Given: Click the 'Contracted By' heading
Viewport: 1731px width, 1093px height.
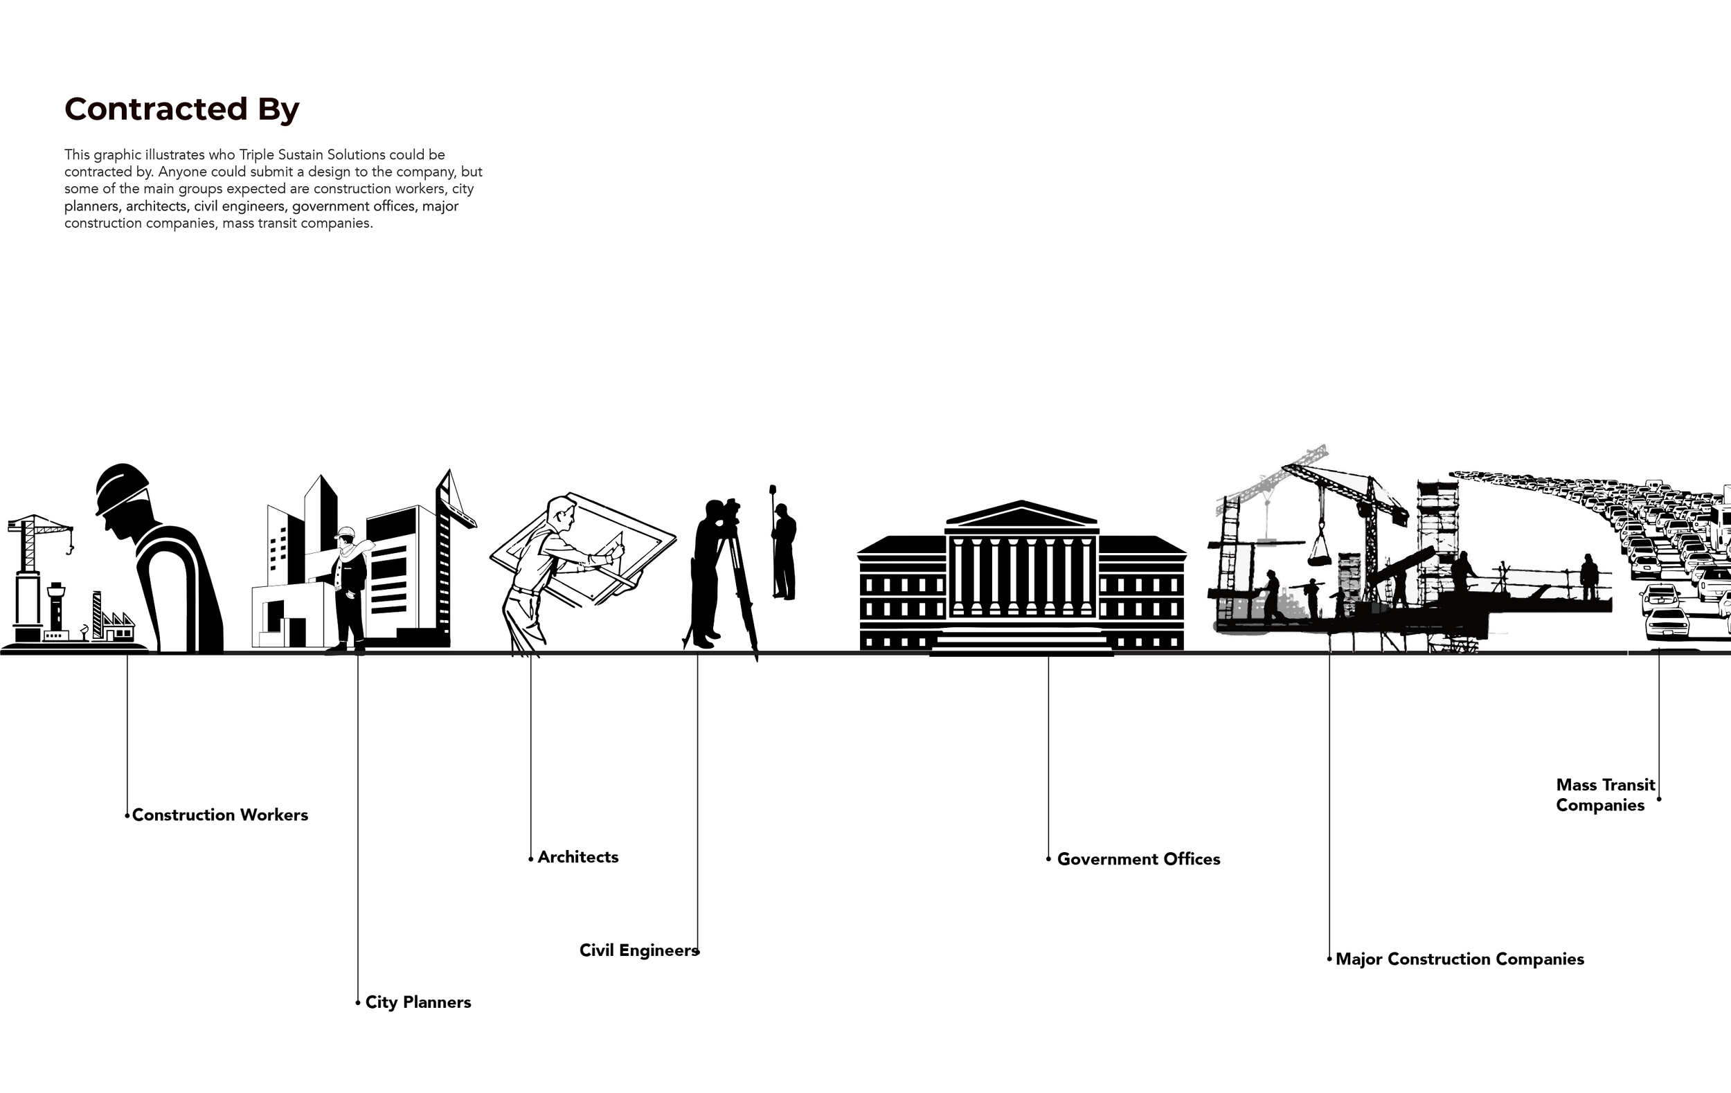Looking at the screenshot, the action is pos(182,109).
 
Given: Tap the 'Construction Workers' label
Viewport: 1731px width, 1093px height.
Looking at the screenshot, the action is pos(220,815).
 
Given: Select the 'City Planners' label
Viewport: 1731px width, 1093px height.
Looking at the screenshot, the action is pos(418,1002).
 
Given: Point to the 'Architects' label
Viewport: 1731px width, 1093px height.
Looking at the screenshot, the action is pos(578,857).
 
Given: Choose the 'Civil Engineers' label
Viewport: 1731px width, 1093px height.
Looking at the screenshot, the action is pos(638,950).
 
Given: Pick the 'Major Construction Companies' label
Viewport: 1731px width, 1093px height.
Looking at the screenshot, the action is pos(1460,959).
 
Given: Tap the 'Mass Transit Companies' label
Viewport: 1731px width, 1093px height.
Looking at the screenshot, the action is pos(1605,795).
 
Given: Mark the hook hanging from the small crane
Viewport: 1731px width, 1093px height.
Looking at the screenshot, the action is pos(71,550).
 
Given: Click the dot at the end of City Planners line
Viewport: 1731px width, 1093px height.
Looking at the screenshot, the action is pos(358,1002).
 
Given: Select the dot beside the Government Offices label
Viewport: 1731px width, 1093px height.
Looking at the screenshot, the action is pos(1049,859).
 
